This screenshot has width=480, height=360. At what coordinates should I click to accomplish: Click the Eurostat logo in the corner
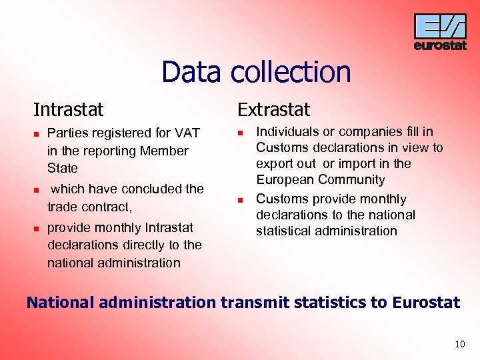click(x=439, y=32)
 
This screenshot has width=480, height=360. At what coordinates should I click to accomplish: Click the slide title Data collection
click(x=256, y=72)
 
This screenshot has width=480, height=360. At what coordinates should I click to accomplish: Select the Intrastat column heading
click(x=69, y=109)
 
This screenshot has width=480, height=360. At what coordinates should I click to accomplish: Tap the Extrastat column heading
click(x=274, y=109)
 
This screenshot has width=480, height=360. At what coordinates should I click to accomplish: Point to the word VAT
click(x=187, y=133)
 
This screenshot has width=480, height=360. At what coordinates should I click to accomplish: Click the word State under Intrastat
click(x=63, y=168)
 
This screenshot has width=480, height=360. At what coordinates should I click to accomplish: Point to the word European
click(x=283, y=179)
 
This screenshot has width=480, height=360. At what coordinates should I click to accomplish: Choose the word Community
click(x=352, y=179)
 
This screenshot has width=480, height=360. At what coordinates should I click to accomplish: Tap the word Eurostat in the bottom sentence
click(x=426, y=303)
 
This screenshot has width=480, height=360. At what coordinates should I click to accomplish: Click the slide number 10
click(x=459, y=345)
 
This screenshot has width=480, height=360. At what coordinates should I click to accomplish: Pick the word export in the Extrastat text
click(x=274, y=163)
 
